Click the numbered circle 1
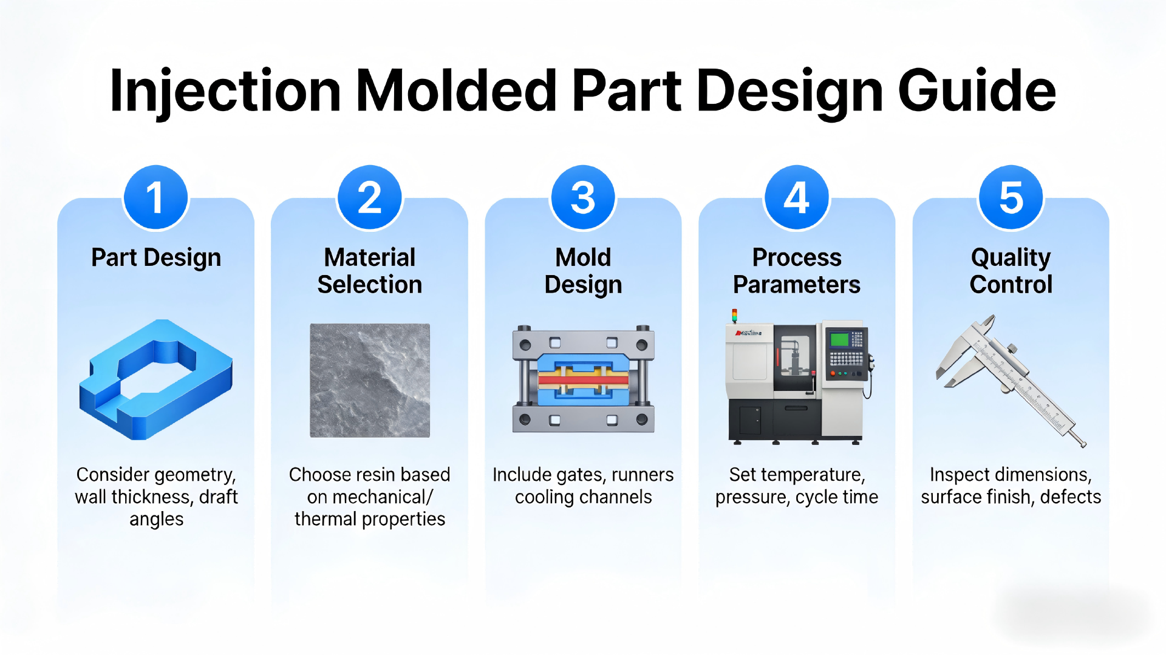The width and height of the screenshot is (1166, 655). point(155,198)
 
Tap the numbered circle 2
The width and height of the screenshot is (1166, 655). point(369,198)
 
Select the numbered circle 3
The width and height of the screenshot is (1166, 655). point(583,198)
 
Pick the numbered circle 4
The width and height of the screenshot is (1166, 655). point(797,198)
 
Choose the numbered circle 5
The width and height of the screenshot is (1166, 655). point(1011,198)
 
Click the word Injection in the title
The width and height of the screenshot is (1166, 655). point(225,91)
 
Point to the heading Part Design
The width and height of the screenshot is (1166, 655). point(156,257)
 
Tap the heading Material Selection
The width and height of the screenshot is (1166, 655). point(369,271)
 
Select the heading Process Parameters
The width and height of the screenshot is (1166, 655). point(797,271)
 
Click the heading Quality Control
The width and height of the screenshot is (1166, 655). point(1011,271)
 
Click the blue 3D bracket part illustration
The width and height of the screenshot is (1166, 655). point(155,379)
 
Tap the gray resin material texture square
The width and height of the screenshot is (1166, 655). point(369,380)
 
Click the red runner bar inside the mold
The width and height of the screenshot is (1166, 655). point(583,381)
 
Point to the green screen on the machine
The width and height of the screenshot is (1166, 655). point(839,339)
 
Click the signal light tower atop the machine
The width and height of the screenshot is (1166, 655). point(734,316)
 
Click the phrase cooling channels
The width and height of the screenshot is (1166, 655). point(583,497)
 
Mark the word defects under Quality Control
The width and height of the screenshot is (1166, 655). point(1070,497)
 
